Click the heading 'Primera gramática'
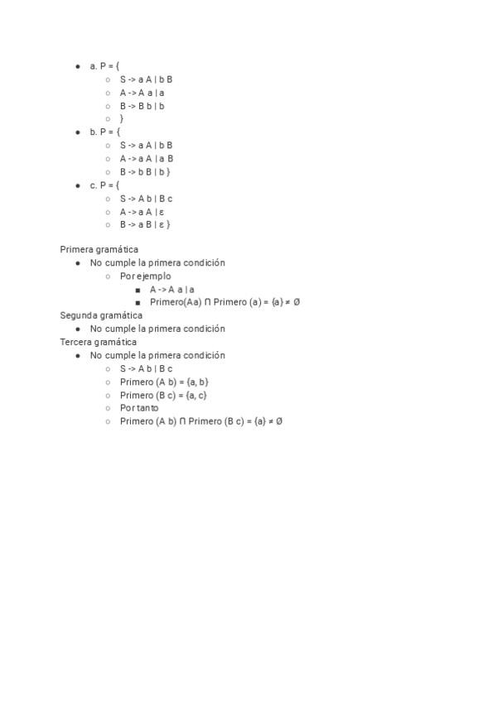point(99,249)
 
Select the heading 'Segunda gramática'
point(101,315)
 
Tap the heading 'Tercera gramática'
point(99,342)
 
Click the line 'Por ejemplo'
point(146,276)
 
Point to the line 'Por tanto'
point(139,408)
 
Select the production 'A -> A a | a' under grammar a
point(142,93)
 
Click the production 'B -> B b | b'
point(142,106)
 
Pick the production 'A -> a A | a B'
point(147,159)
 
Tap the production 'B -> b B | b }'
point(145,172)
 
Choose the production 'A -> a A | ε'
point(142,212)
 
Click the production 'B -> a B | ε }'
point(145,224)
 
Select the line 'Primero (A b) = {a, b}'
point(164,382)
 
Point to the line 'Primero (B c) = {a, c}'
point(163,395)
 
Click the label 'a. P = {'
point(105,65)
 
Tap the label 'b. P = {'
point(105,132)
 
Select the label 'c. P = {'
point(105,185)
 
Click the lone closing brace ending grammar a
point(122,119)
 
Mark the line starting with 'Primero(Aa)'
point(224,302)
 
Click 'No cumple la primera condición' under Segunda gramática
point(157,329)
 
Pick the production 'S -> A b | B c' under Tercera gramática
point(146,368)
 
